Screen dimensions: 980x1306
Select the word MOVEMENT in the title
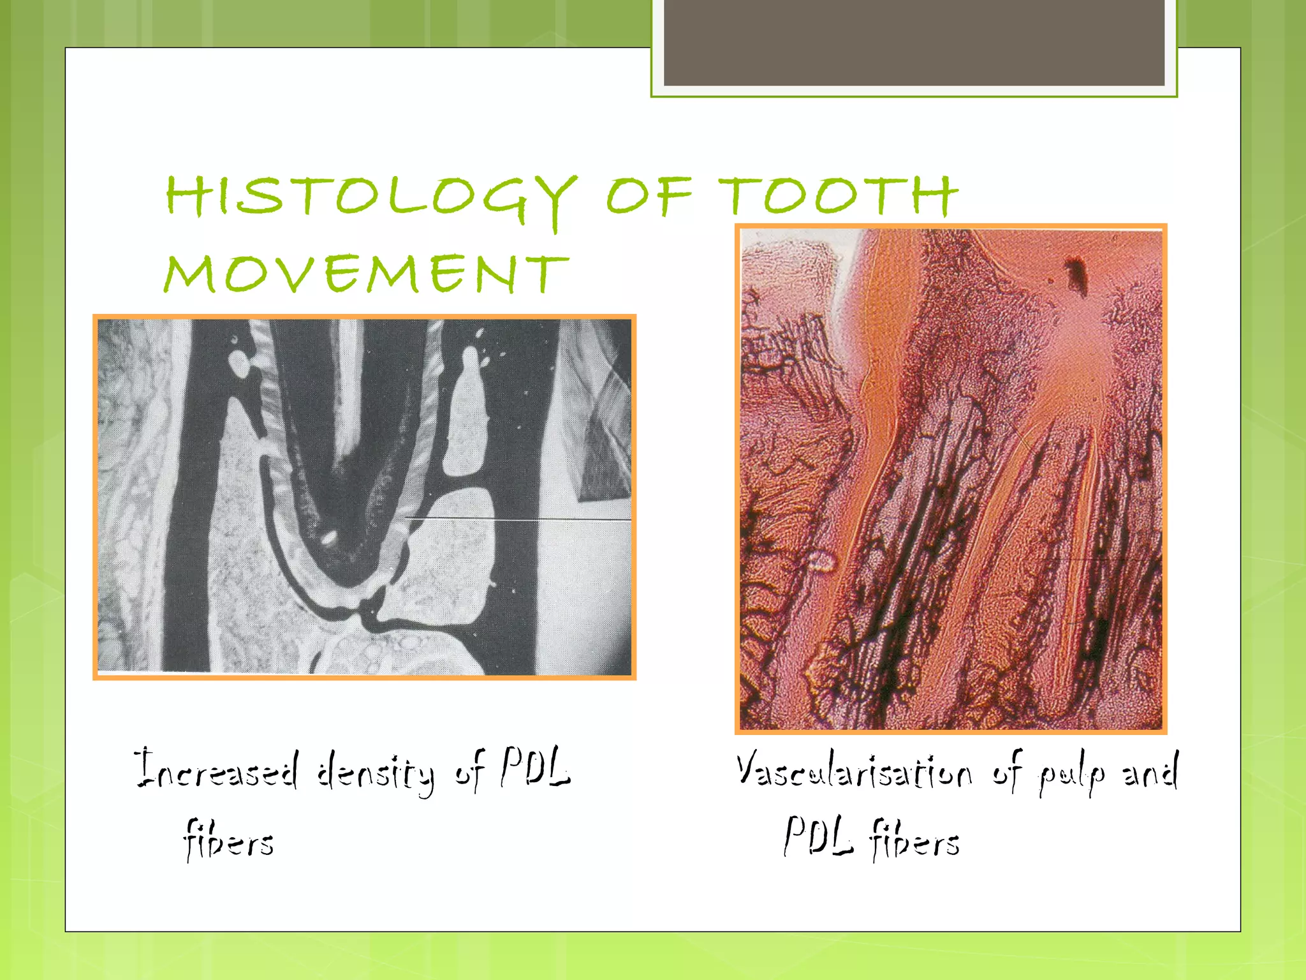[x=366, y=274]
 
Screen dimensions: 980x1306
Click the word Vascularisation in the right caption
[x=855, y=771]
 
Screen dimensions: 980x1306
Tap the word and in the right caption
[x=1150, y=771]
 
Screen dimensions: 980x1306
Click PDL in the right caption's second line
[x=818, y=836]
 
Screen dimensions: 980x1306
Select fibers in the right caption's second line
[x=915, y=838]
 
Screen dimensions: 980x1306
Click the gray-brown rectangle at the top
[x=914, y=42]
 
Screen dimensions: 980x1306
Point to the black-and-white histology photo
[x=364, y=497]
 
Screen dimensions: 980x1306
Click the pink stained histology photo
[x=951, y=479]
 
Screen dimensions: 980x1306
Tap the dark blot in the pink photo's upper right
[x=1076, y=274]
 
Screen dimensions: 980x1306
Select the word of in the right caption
[x=1008, y=771]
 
